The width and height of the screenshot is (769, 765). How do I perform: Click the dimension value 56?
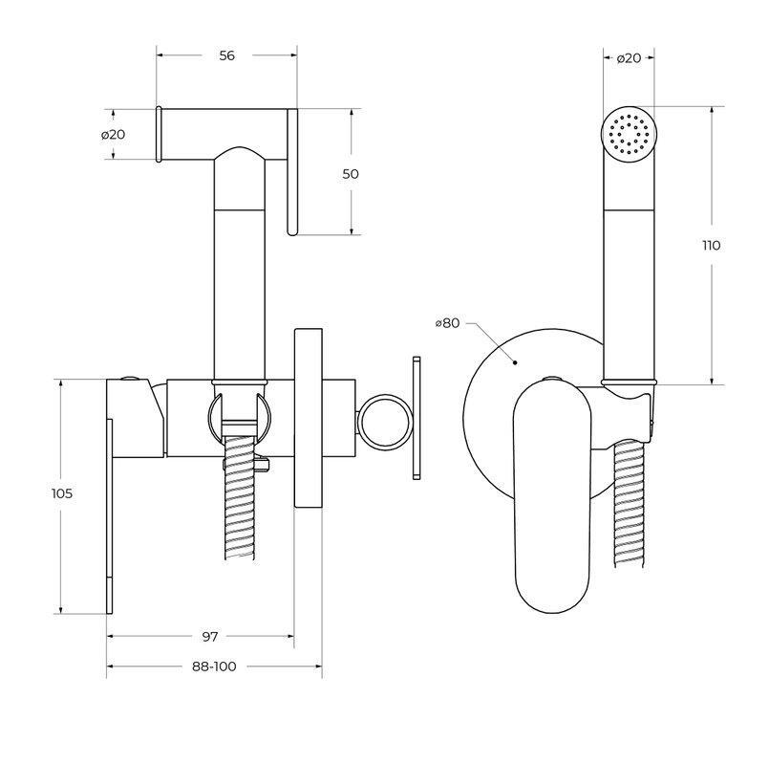[x=226, y=55]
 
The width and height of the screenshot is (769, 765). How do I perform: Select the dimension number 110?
[x=711, y=245]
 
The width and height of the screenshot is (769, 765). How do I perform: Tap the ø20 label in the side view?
[x=114, y=134]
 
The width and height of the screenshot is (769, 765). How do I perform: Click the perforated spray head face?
[x=628, y=132]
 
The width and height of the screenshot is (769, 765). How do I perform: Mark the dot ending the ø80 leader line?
[x=514, y=362]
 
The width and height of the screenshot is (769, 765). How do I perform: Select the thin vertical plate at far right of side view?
[x=416, y=417]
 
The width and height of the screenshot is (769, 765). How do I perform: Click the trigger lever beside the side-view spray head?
[x=291, y=172]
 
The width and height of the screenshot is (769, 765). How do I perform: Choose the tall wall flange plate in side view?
[x=308, y=417]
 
